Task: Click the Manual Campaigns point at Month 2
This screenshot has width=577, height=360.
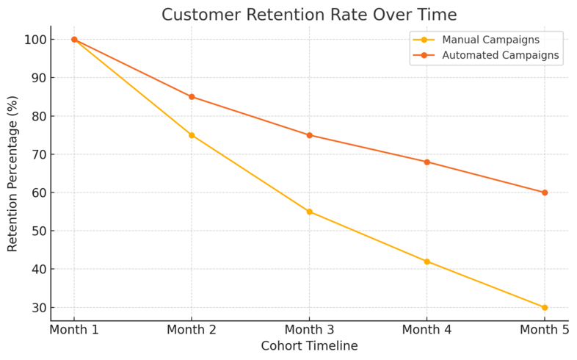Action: pyautogui.click(x=192, y=135)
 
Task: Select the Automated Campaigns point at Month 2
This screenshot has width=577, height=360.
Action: pyautogui.click(x=192, y=97)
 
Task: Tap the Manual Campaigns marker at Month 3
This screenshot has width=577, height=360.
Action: pyautogui.click(x=309, y=212)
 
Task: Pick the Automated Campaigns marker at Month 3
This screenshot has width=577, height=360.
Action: pyautogui.click(x=309, y=135)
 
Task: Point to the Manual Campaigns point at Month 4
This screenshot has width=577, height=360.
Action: pyautogui.click(x=427, y=262)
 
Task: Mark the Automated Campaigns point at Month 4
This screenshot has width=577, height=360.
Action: pyautogui.click(x=427, y=162)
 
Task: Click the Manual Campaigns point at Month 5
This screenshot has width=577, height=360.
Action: pyautogui.click(x=544, y=307)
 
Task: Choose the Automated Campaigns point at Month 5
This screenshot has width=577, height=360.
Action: pyautogui.click(x=544, y=192)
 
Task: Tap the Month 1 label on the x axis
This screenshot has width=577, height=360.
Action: pyautogui.click(x=74, y=330)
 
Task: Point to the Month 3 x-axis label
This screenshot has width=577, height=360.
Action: pyautogui.click(x=309, y=330)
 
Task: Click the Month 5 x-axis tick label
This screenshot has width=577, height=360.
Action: pyautogui.click(x=544, y=330)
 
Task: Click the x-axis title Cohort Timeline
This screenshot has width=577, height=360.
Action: pyautogui.click(x=309, y=346)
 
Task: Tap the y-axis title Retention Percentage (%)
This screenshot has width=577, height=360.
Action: pyautogui.click(x=12, y=173)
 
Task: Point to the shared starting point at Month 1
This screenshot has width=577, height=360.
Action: pyautogui.click(x=74, y=40)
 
